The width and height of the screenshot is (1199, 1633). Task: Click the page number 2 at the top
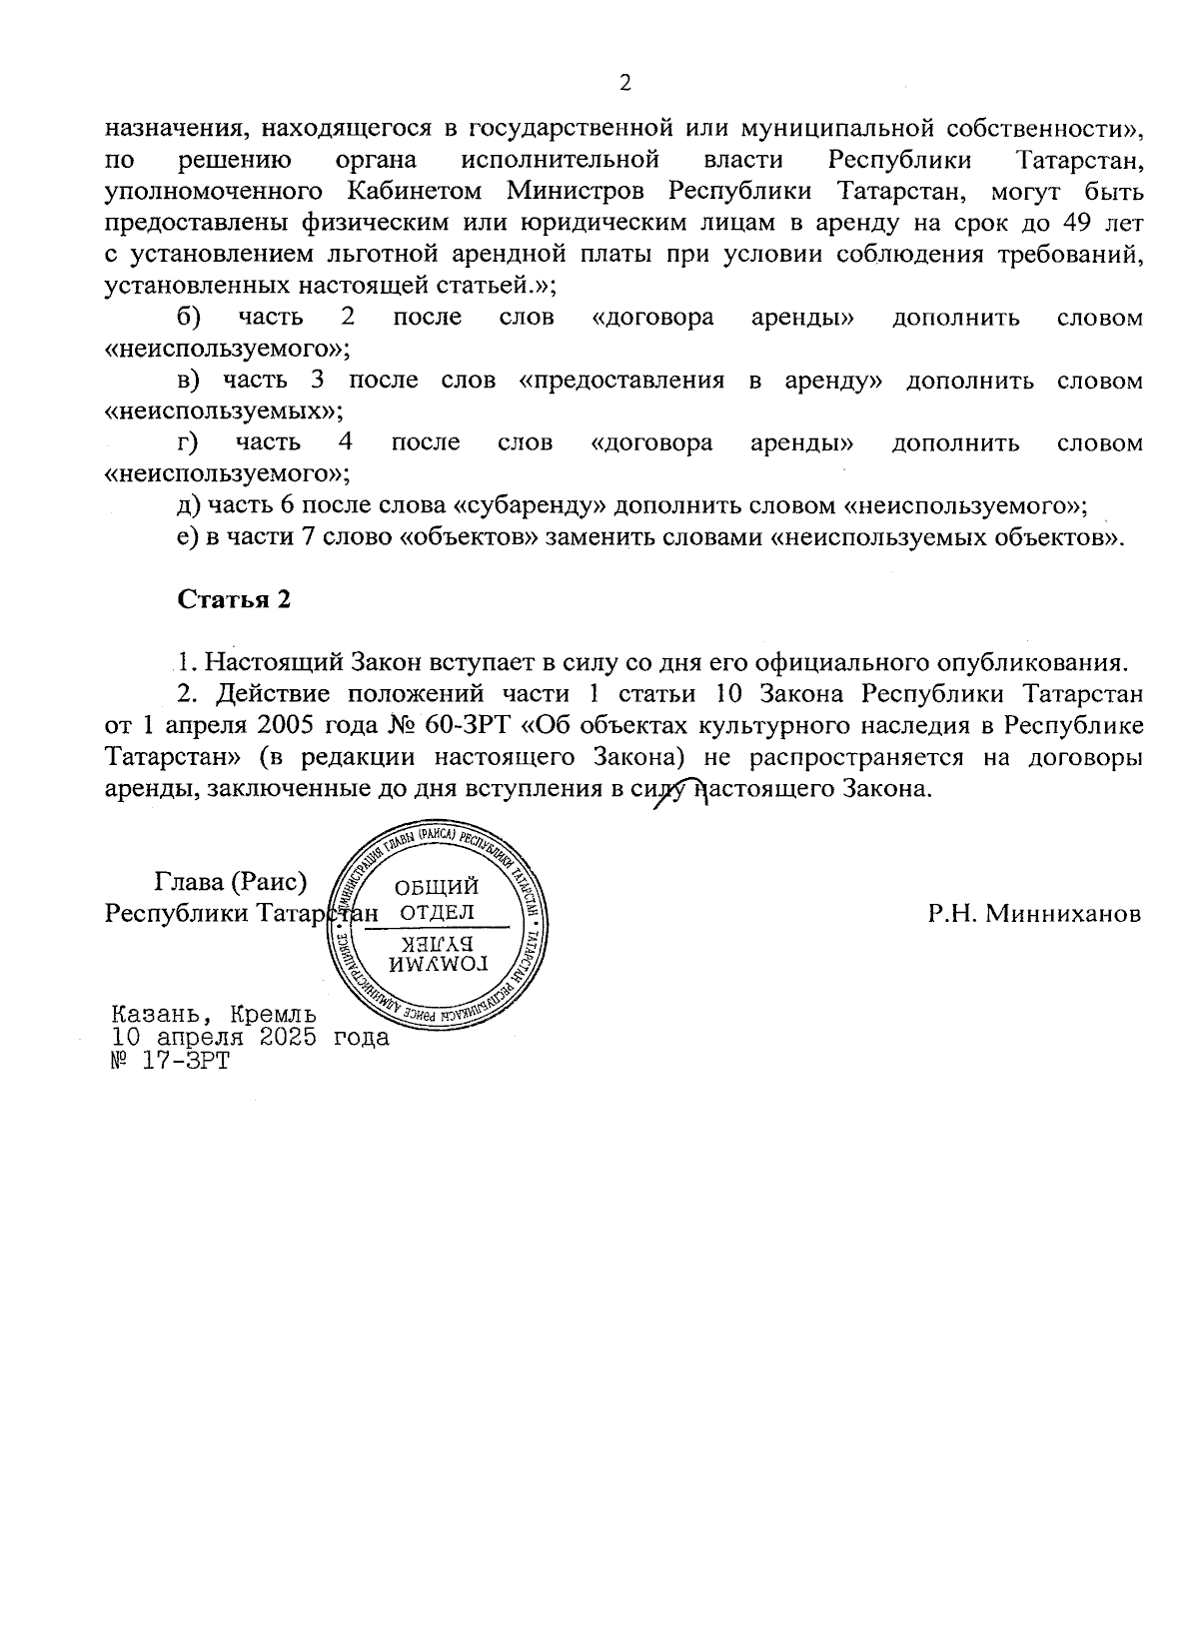tap(625, 83)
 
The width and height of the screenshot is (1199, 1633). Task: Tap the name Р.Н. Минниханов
tap(1033, 914)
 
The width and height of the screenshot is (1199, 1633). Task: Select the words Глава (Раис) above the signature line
tap(230, 881)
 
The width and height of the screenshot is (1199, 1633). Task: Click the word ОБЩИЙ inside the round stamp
tap(437, 887)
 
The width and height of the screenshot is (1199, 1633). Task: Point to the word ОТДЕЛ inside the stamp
tap(437, 913)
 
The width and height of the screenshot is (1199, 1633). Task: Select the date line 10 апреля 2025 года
tap(251, 1037)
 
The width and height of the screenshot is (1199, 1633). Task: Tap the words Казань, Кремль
tap(215, 1014)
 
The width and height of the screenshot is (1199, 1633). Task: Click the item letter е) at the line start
tap(187, 537)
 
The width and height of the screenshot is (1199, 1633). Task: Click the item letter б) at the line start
tap(189, 318)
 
